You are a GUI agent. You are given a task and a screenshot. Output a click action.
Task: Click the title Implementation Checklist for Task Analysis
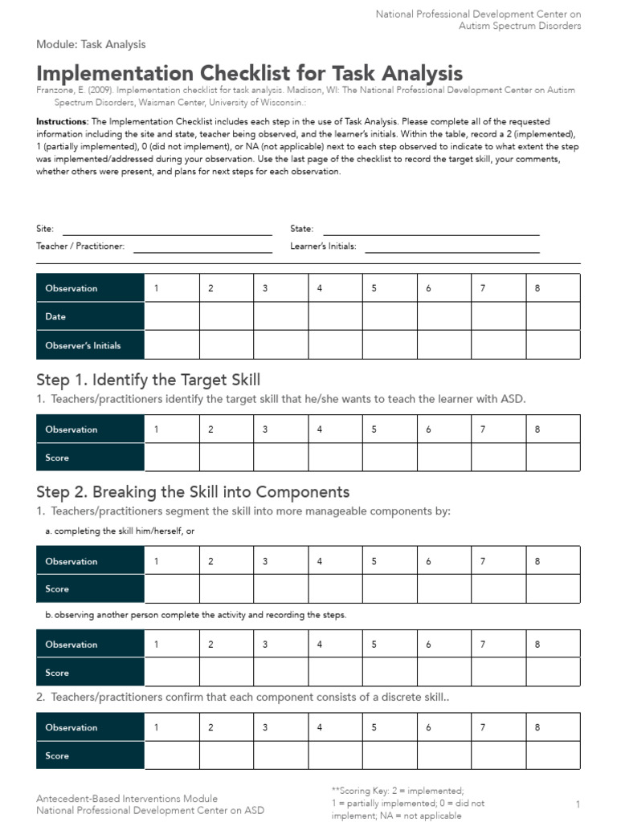point(249,72)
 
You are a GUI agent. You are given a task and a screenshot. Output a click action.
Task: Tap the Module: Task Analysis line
point(91,44)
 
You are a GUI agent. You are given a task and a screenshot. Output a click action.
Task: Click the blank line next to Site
point(167,231)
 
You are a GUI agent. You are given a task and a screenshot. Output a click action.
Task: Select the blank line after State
point(431,231)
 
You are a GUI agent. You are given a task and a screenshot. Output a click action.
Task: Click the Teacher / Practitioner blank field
point(202,248)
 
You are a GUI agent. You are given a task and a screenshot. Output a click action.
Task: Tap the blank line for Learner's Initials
point(452,248)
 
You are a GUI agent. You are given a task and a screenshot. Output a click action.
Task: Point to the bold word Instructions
point(62,120)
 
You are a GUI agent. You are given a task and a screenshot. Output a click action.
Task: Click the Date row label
point(56,316)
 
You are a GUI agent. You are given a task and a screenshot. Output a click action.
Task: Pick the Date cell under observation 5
point(389,316)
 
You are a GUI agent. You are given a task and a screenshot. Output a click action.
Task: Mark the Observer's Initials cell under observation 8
point(552,345)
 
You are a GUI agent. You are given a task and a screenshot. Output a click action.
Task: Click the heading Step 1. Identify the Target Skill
point(149,380)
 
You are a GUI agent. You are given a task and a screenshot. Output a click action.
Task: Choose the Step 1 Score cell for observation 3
point(280,458)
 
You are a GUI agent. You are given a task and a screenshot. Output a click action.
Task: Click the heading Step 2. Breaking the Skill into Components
point(193,491)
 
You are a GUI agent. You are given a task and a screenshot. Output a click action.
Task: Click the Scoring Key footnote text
point(408,803)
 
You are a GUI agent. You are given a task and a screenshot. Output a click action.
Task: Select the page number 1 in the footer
point(578,804)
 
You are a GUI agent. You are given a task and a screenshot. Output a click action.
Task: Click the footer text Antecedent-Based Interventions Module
point(127,799)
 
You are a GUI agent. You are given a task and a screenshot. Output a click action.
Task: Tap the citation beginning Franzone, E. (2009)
point(305,96)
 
